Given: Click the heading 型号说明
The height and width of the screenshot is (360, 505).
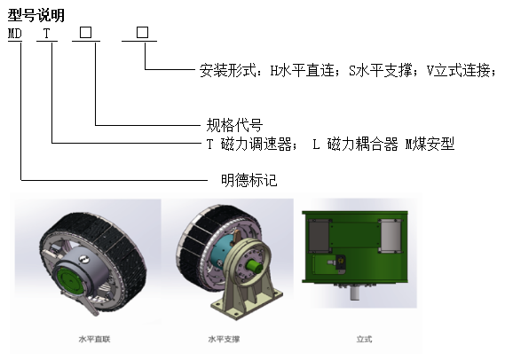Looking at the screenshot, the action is (36, 15).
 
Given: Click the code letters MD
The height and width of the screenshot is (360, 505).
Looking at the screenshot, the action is (15, 34).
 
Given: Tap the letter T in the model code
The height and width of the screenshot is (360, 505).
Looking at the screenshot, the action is (47, 34).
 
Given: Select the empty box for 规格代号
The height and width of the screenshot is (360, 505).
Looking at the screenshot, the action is (86, 33).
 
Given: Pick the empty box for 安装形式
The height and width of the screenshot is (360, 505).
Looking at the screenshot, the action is (142, 33).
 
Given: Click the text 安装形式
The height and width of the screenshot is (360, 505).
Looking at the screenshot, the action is (228, 70).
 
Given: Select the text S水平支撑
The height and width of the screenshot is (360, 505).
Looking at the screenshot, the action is (381, 70).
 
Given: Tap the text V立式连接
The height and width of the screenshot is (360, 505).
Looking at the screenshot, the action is (459, 70).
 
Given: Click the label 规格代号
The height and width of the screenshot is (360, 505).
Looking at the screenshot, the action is (234, 125).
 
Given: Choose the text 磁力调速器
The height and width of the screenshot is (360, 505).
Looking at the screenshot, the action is (256, 144).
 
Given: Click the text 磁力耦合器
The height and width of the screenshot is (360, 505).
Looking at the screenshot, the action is (363, 144).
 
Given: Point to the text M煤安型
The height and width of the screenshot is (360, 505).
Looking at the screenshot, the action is (430, 144).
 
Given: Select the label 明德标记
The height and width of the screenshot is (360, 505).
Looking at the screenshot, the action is (249, 180).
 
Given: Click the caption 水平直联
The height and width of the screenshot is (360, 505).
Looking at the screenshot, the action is (94, 339).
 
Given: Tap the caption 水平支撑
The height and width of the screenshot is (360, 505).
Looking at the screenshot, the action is (224, 339).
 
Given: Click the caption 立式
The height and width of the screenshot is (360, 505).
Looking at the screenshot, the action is (364, 339).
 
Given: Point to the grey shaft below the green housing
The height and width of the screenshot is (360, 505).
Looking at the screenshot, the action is (355, 293).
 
